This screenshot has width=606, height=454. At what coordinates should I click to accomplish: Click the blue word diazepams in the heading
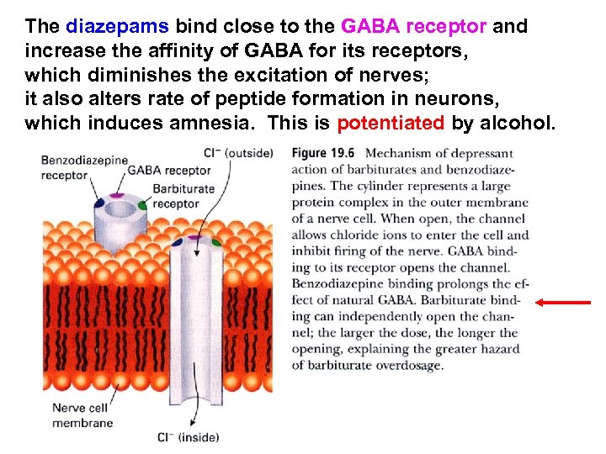coord(118,26)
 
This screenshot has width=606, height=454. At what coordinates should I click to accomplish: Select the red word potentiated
coord(390,124)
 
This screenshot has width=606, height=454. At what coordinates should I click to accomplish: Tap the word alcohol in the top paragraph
coord(516,124)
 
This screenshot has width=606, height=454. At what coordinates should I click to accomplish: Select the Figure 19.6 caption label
coord(323,154)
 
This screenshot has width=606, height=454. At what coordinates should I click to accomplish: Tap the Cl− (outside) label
coord(239,154)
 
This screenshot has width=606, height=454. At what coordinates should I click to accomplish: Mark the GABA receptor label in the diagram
coord(169,171)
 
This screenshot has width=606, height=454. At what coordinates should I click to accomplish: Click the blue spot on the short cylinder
coord(100,203)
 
